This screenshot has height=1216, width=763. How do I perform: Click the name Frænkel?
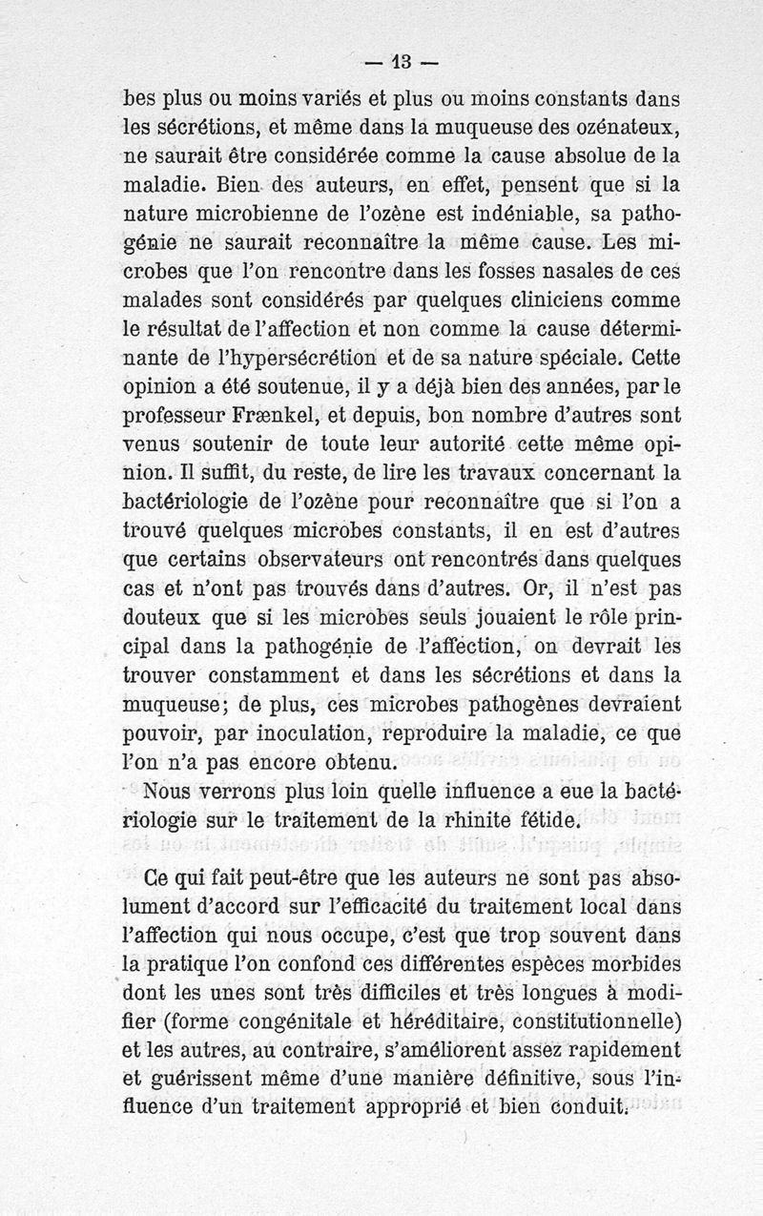coord(269,415)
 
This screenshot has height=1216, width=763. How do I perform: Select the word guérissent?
coord(208,1081)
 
